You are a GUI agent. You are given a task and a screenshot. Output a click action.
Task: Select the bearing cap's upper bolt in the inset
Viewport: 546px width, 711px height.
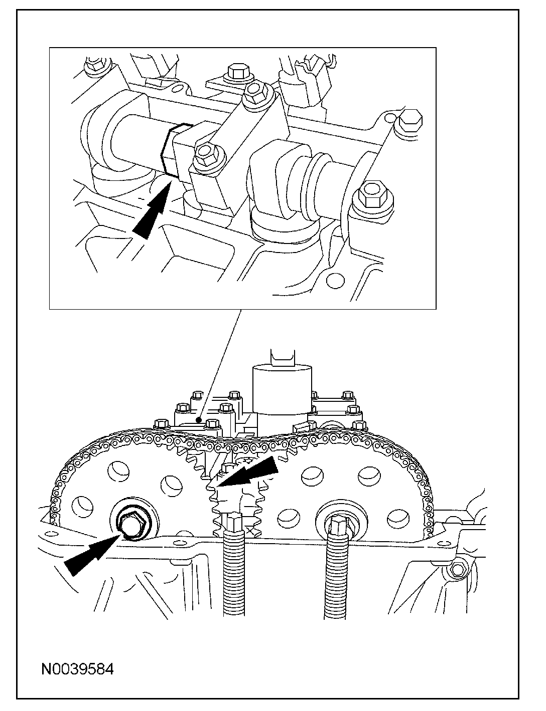coord(255,91)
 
